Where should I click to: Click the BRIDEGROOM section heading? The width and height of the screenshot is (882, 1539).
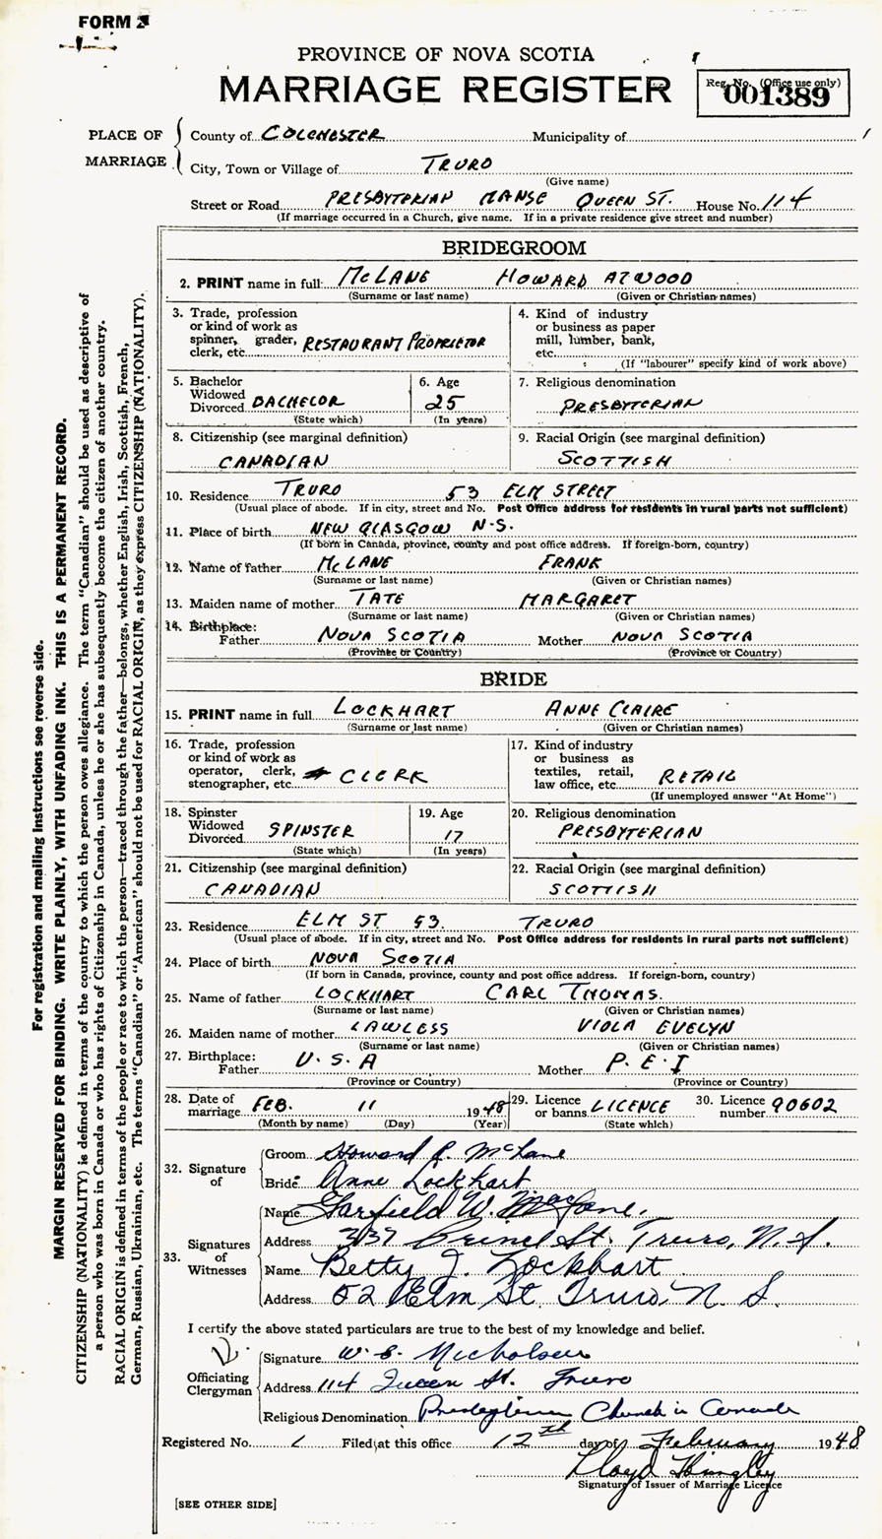[x=513, y=248]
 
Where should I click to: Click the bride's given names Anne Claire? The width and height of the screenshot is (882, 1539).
[x=611, y=710]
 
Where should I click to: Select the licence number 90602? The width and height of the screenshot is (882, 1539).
[x=800, y=1106]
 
